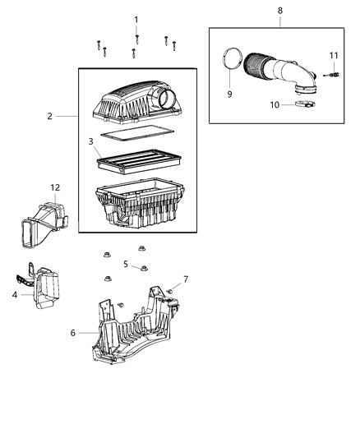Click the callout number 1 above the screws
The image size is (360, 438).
(136, 19)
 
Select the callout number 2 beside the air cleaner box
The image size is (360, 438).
(49, 116)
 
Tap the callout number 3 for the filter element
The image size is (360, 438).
(91, 143)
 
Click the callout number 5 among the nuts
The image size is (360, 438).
(126, 264)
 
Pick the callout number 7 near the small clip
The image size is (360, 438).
(186, 279)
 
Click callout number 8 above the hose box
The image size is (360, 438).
(279, 10)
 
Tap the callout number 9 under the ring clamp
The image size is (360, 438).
(229, 95)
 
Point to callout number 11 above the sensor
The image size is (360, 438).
(334, 56)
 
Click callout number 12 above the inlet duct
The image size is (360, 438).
(55, 187)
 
